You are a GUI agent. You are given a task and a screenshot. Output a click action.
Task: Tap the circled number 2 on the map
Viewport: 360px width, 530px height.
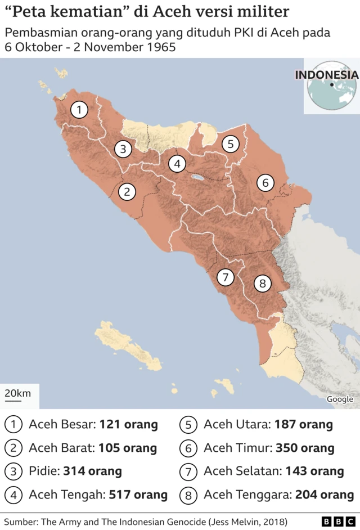(127, 192)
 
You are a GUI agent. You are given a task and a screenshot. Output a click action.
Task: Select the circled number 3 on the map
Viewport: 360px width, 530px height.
(123, 149)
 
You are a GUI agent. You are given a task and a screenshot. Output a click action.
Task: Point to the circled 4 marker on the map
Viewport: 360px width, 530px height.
(177, 164)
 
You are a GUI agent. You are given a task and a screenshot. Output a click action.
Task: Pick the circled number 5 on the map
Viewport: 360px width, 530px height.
(230, 144)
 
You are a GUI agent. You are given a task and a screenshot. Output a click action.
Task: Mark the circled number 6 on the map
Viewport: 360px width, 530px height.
(265, 182)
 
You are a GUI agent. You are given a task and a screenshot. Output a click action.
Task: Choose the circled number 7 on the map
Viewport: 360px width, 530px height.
(225, 277)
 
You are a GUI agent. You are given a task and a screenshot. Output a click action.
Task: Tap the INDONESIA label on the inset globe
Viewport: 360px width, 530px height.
(326, 74)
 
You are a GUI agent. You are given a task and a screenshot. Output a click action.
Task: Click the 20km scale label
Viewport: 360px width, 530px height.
(19, 393)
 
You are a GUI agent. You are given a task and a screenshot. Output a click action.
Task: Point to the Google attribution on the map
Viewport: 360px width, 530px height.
(340, 399)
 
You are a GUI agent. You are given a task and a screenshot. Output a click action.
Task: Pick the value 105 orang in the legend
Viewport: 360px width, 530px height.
(128, 448)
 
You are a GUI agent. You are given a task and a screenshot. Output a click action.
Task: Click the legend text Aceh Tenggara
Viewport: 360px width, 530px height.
(245, 495)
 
